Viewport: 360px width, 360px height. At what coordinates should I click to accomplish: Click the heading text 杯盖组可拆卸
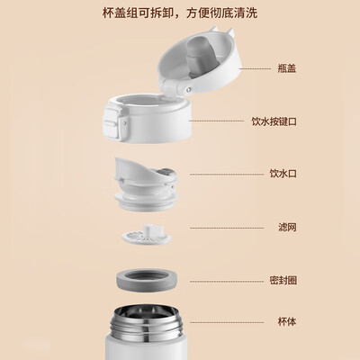coord(137,13)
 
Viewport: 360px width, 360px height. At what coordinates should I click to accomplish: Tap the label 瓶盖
coord(287,68)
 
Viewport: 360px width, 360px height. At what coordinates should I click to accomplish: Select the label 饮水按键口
coord(274,121)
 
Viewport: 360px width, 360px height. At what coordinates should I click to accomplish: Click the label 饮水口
coord(283,174)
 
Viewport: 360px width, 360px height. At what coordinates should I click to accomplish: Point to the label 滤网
coord(287,227)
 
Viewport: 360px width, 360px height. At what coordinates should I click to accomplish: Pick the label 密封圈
coord(283,280)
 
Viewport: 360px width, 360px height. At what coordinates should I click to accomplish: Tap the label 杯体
coord(287,322)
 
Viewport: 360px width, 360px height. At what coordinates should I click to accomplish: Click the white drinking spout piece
coord(147,183)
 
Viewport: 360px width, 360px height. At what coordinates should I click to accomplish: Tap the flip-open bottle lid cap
coord(199,61)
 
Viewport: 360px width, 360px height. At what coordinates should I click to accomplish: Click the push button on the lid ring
coord(111,123)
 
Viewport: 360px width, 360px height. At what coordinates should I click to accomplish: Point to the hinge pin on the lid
coord(188,89)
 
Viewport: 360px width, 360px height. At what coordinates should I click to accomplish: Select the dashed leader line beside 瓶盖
coord(255,68)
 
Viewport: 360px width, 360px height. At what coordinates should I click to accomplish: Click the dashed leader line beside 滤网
coord(227,228)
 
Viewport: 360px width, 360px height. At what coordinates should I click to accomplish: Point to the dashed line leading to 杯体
coord(227,322)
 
